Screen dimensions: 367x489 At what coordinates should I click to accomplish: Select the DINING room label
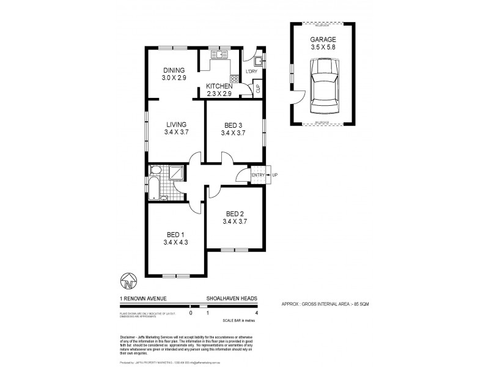coord(174,70)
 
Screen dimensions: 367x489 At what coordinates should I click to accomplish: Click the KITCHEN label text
coord(219,86)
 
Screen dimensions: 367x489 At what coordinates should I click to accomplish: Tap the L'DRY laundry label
coord(252,73)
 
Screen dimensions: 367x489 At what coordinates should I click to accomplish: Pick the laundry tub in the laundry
coord(259,59)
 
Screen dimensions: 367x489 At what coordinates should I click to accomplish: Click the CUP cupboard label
coord(257,89)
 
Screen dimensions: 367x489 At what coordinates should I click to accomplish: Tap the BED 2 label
coord(235,213)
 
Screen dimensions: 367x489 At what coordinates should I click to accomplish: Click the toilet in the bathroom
coord(155,171)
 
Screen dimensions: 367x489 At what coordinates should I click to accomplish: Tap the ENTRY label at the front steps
coord(259,176)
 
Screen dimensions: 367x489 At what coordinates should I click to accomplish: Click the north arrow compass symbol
coord(128,281)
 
